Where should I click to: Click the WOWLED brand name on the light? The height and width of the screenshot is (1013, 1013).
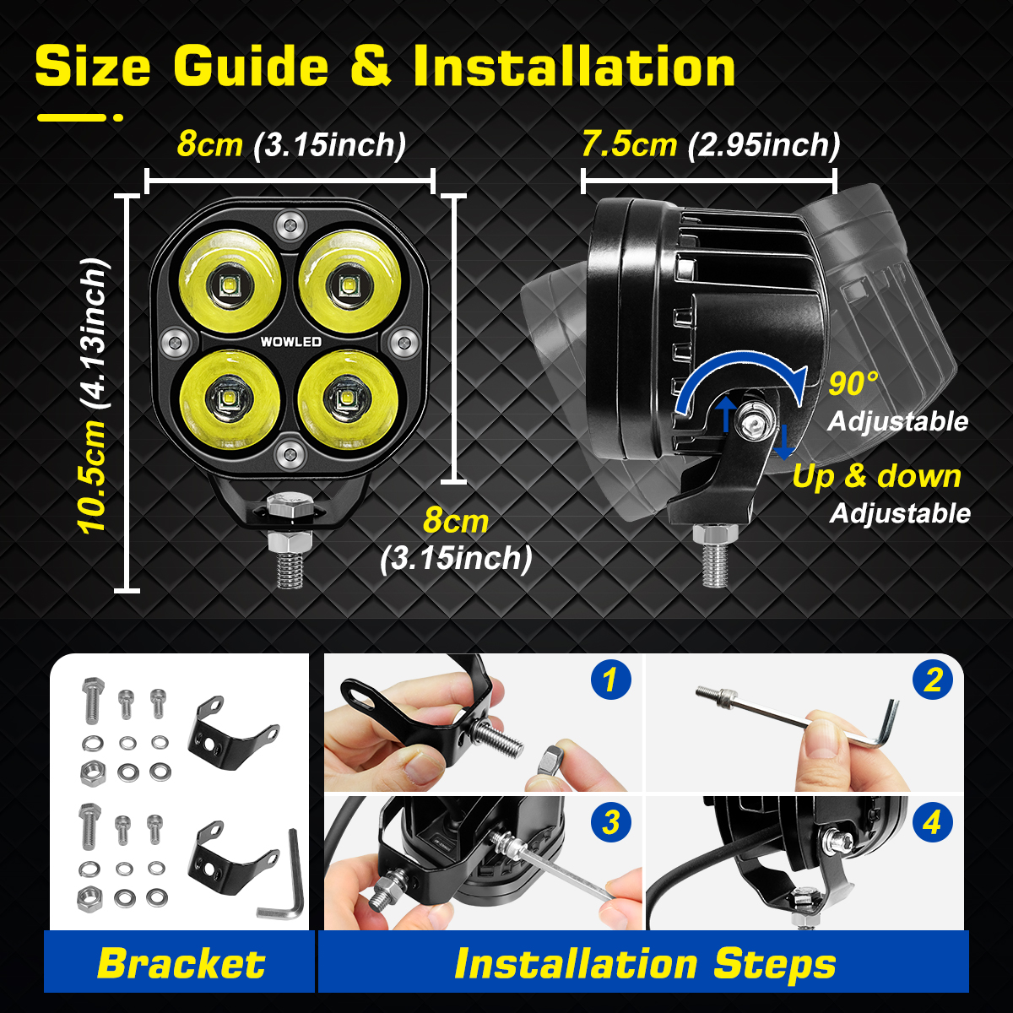tap(290, 342)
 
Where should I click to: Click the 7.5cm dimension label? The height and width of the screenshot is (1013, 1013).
tap(629, 144)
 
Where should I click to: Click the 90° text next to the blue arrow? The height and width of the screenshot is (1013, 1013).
tap(853, 384)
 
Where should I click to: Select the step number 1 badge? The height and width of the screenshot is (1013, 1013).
tap(610, 680)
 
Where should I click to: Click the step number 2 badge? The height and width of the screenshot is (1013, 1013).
tap(932, 680)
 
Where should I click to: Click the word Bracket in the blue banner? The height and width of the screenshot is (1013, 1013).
tap(181, 963)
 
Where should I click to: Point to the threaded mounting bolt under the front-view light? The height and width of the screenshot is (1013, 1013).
tap(289, 561)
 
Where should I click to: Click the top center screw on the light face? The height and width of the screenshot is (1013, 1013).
tap(290, 225)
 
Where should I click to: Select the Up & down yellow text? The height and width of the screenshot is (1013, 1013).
tap(876, 476)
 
